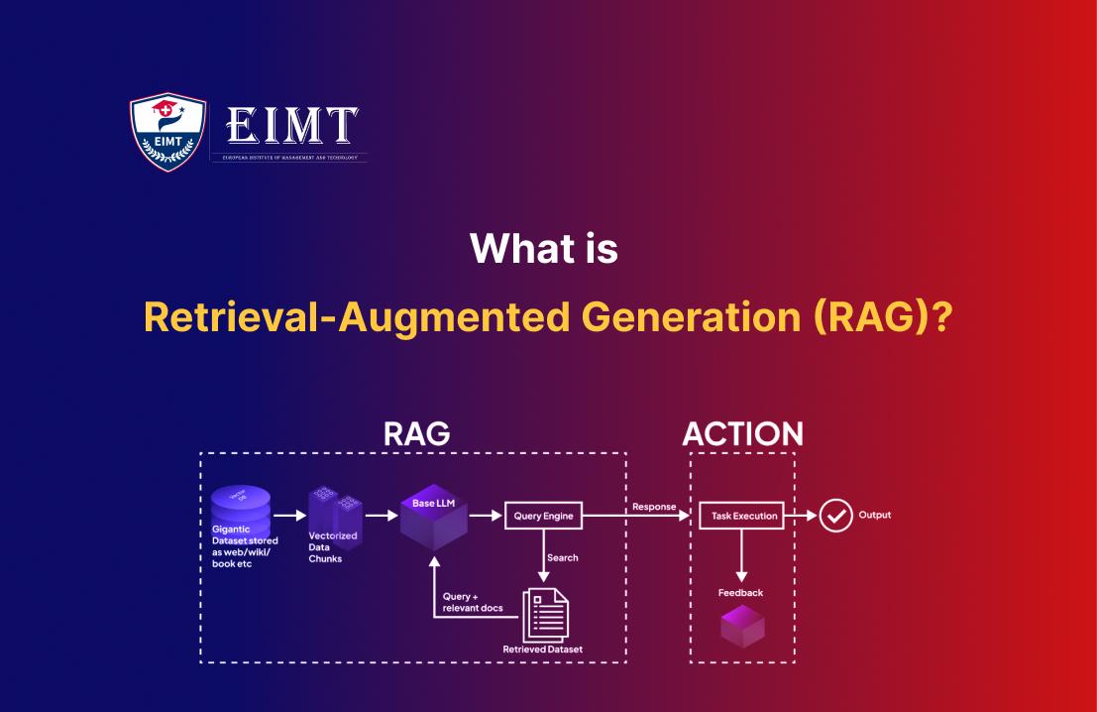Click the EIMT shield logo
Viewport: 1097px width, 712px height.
tap(168, 132)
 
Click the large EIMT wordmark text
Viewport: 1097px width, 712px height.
tap(292, 126)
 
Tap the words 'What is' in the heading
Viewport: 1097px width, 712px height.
tap(544, 248)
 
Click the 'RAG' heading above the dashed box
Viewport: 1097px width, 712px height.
tap(416, 433)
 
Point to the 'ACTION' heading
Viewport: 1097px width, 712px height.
tap(742, 433)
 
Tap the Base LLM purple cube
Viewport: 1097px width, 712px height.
tap(433, 520)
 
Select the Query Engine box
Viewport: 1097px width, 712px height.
tap(543, 516)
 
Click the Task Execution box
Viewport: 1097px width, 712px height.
tap(740, 516)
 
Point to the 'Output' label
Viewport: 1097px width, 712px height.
tap(875, 516)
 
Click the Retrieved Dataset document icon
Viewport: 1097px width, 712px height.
tap(544, 614)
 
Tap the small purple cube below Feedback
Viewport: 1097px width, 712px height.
tap(741, 626)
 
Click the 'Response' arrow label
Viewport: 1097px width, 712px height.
tap(653, 507)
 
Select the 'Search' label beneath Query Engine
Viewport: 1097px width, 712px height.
tap(563, 558)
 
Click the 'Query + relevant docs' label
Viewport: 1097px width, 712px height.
tap(472, 601)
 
